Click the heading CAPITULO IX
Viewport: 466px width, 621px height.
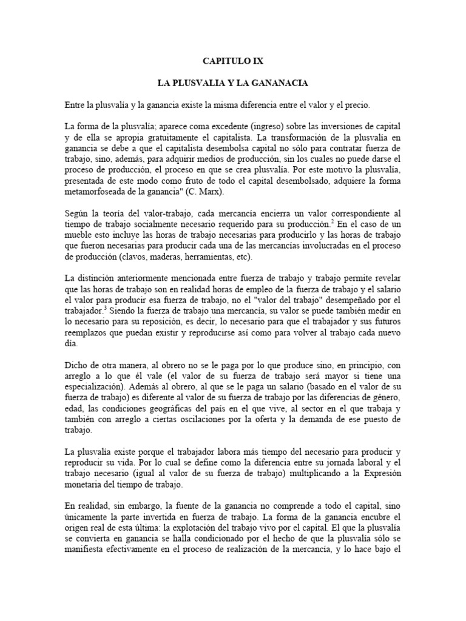(234, 61)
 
